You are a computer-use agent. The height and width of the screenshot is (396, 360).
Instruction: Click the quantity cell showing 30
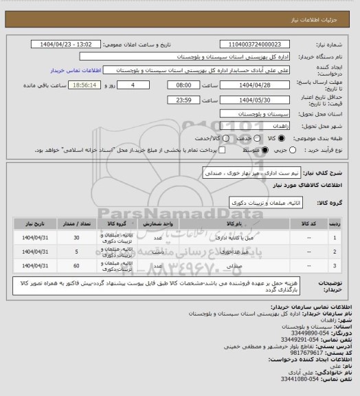pyautogui.click(x=76, y=237)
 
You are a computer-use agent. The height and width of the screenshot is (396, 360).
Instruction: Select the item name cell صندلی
pyautogui.click(x=232, y=263)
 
